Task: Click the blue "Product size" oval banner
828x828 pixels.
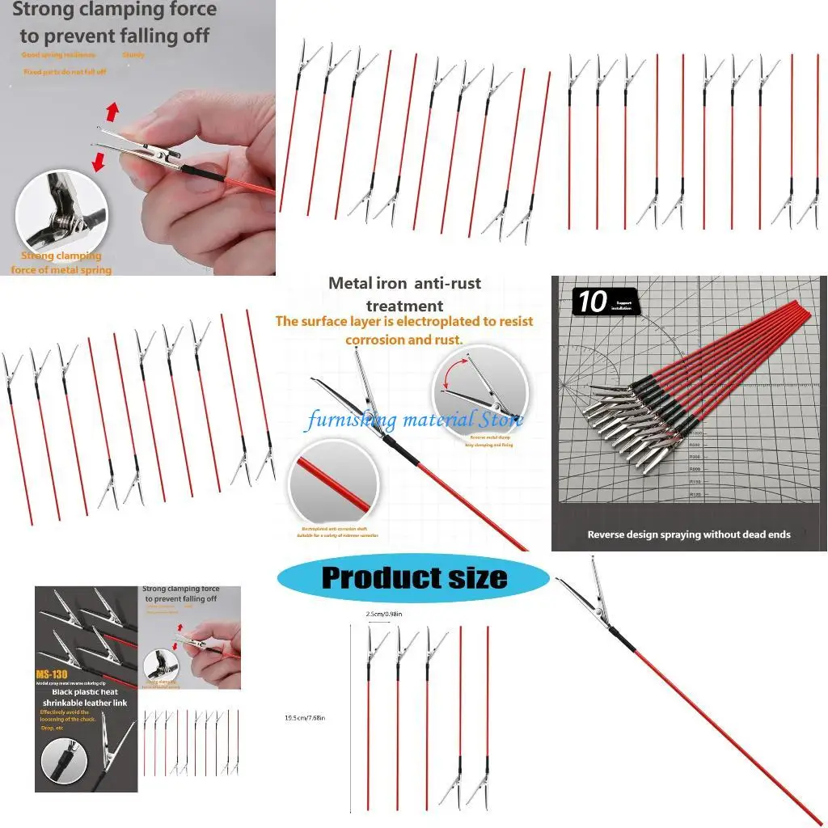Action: (x=413, y=578)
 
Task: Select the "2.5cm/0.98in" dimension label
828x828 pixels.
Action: (x=384, y=615)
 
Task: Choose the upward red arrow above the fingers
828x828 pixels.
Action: (x=112, y=111)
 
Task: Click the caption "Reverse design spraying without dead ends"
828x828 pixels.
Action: (x=689, y=534)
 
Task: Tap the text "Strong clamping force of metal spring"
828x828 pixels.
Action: (x=61, y=263)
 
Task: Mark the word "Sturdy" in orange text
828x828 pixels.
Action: (x=133, y=55)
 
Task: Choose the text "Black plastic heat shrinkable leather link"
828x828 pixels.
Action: (x=87, y=698)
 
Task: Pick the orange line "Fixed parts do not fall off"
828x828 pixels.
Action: (x=64, y=72)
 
